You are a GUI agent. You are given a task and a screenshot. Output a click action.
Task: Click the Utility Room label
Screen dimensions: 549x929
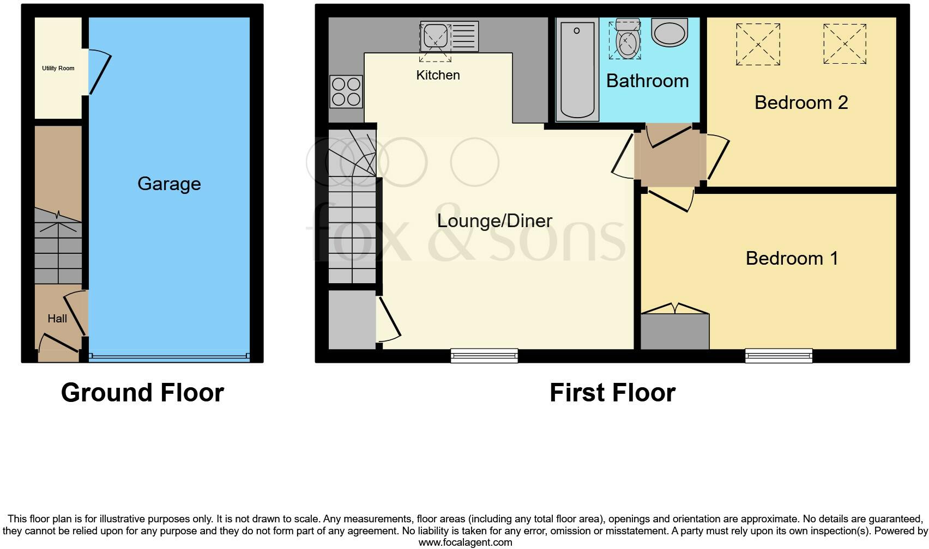[x=58, y=68]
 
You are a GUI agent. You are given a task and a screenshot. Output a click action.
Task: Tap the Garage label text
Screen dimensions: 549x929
[x=169, y=184]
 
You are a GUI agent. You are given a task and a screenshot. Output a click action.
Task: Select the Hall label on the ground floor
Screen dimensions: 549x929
[x=57, y=319]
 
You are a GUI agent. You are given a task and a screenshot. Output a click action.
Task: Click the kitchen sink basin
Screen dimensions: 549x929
[x=435, y=36]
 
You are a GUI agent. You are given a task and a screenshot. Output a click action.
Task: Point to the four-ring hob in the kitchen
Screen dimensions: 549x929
[x=346, y=91]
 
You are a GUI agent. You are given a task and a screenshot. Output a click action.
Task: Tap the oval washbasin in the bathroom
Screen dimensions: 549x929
[x=669, y=33]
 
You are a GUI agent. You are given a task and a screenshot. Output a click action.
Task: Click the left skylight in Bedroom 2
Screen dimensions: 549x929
[x=758, y=44]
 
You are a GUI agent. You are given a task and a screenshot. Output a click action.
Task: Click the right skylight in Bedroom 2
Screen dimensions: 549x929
[x=844, y=44]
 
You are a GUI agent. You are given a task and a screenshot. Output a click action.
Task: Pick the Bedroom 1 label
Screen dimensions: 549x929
[x=792, y=258]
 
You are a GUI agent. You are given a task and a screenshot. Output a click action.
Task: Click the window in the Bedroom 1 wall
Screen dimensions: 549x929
[x=779, y=356]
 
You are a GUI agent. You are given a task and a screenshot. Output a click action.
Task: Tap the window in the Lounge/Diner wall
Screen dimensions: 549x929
[x=484, y=356]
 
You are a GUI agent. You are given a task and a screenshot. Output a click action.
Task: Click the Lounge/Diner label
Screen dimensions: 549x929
[x=494, y=221]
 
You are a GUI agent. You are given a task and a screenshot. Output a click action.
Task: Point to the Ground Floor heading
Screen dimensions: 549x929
[x=142, y=393]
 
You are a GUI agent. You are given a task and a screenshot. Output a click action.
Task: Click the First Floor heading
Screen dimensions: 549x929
[x=612, y=393]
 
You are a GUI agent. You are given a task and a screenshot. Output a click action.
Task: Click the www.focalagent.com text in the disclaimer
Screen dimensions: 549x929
[x=465, y=542]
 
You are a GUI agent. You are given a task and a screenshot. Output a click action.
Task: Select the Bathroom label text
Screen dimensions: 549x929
[x=647, y=81]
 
